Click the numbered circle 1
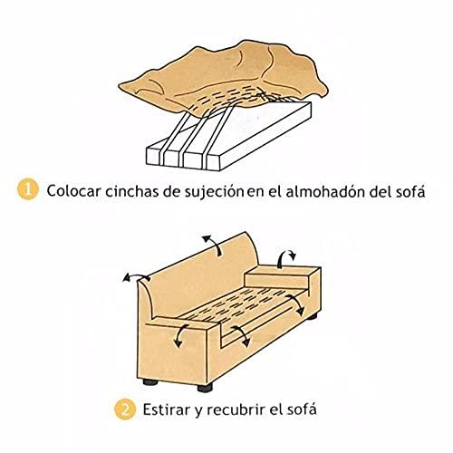tap(28, 189)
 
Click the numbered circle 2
tap(125, 409)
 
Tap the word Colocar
tap(73, 191)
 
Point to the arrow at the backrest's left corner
tap(137, 275)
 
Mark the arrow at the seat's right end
tap(297, 304)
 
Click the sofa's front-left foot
tap(150, 382)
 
